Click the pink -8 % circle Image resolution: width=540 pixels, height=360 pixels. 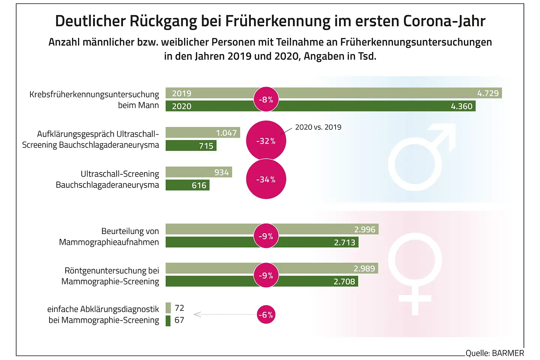click(x=266, y=99)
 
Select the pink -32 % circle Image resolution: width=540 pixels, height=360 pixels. click(x=266, y=141)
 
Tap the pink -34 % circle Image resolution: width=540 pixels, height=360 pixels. click(x=266, y=179)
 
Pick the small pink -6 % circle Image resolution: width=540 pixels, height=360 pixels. click(x=266, y=315)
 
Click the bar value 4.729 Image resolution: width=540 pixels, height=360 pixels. click(x=488, y=93)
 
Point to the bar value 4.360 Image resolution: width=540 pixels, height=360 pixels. click(x=462, y=106)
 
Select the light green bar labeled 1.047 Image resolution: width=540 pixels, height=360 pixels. click(x=202, y=133)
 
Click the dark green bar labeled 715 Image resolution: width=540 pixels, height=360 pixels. click(x=191, y=145)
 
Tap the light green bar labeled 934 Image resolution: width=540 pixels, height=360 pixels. click(x=199, y=172)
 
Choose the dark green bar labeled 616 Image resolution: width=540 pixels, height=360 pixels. click(x=187, y=185)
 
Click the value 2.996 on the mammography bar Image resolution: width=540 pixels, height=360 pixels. click(x=364, y=229)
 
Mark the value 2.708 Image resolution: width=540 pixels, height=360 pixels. click(x=344, y=281)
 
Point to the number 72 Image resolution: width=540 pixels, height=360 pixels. click(x=179, y=308)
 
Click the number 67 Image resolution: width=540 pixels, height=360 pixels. click(x=179, y=320)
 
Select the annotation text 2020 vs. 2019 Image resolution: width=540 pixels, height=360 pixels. click(x=318, y=127)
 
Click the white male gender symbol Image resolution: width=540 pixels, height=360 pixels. click(x=418, y=157)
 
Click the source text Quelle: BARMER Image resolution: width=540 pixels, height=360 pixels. click(x=495, y=353)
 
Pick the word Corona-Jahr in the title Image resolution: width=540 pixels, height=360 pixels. click(x=444, y=21)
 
